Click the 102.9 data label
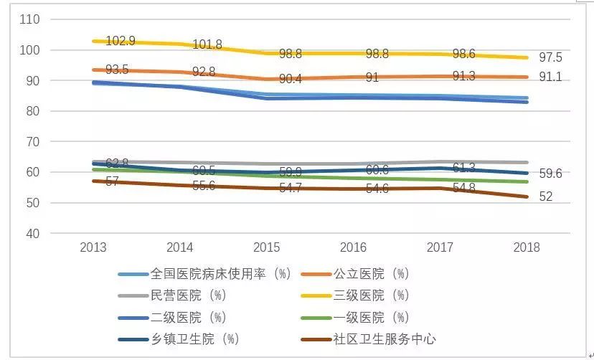tap(121, 41)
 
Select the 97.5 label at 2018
tap(550, 58)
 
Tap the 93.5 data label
tap(117, 70)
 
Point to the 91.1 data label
tap(550, 77)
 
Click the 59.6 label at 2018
tap(550, 173)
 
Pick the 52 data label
tap(546, 196)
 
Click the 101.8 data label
tap(207, 44)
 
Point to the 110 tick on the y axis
tap(30, 19)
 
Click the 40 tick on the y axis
tap(34, 234)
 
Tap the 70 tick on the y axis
tap(34, 142)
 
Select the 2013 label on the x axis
tap(93, 247)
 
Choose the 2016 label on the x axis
tap(353, 247)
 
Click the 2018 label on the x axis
tap(526, 247)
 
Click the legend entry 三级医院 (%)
tap(370, 295)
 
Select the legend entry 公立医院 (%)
tap(370, 274)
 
